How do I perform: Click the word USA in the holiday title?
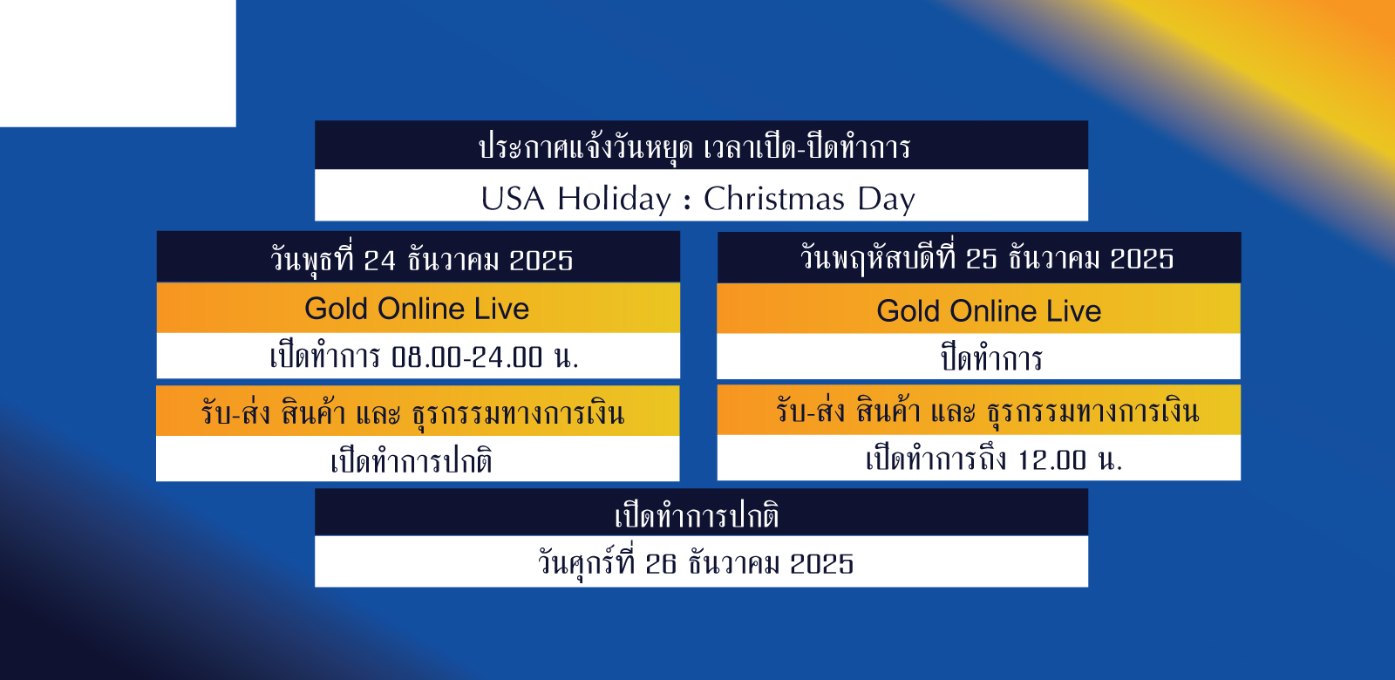[x=513, y=200]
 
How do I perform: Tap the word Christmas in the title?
[x=774, y=200]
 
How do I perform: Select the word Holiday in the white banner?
[x=614, y=201]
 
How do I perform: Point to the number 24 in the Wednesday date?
[x=379, y=261]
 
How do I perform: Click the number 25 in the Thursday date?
[x=981, y=259]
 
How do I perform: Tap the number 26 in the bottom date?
[x=661, y=564]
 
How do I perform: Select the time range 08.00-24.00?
[x=467, y=357]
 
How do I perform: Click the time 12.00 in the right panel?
[x=1051, y=461]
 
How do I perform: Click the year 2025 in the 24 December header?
[x=541, y=261]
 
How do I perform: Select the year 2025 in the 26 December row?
[x=822, y=564]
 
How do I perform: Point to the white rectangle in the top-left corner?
[x=118, y=64]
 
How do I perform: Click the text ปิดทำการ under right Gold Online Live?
[x=991, y=359]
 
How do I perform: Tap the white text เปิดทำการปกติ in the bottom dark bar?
[x=697, y=516]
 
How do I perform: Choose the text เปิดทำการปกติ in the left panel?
[x=412, y=461]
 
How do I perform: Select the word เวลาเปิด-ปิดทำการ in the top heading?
[x=807, y=147]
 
